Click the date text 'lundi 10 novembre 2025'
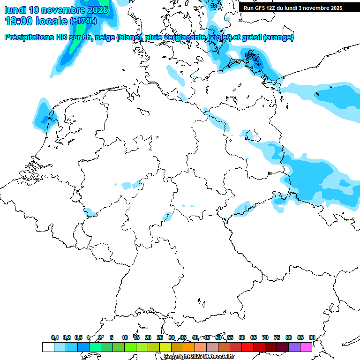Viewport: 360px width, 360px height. coord(56,9)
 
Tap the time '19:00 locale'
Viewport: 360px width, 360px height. coord(36,21)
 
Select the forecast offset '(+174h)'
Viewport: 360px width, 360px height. coord(83,21)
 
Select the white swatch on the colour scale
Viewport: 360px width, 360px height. coord(48,347)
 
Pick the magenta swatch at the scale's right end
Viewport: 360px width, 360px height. coord(306,347)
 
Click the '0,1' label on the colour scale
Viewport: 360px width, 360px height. coord(55,338)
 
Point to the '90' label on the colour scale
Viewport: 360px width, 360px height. coord(312,338)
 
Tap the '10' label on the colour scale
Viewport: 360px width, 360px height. coord(125,338)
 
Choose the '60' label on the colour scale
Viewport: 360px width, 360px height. coord(242,338)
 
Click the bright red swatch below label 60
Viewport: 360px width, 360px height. coord(247,347)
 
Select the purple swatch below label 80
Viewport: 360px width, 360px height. coord(294,347)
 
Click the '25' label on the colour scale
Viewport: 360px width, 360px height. coord(160,338)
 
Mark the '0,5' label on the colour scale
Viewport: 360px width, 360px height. coord(78,338)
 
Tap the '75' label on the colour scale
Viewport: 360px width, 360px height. coord(277,338)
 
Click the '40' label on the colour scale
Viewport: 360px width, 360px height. coord(195,338)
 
